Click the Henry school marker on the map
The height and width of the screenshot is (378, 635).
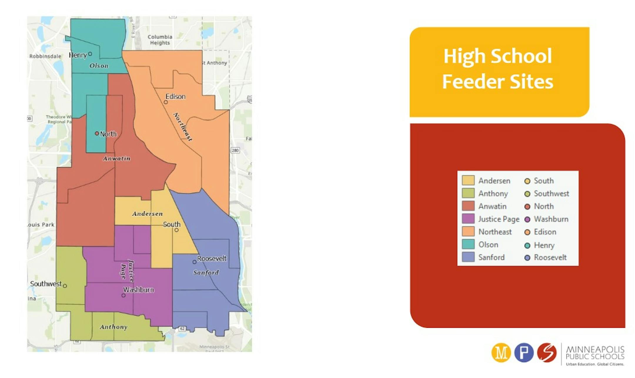90,54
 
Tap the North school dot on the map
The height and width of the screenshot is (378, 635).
97,134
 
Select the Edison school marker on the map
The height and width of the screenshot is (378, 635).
166,102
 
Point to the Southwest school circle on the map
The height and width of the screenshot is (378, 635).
65,286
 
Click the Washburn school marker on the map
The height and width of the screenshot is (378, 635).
123,295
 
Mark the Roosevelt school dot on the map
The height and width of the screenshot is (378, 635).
194,262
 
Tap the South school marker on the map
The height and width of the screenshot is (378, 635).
176,230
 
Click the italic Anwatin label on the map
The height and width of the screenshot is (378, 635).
116,159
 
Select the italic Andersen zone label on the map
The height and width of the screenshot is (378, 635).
147,214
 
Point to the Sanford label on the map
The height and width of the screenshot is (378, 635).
206,273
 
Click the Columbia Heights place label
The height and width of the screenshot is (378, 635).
160,40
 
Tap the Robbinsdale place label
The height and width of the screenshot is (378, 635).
45,56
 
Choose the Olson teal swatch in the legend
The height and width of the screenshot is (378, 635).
468,244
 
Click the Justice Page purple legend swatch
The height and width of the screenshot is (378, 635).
468,219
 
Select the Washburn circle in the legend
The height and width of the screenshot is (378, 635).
527,219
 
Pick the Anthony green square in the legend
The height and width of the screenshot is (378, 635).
468,193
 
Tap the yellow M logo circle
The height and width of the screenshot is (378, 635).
501,353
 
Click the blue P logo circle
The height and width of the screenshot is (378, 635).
524,353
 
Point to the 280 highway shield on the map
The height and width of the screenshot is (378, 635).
235,150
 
